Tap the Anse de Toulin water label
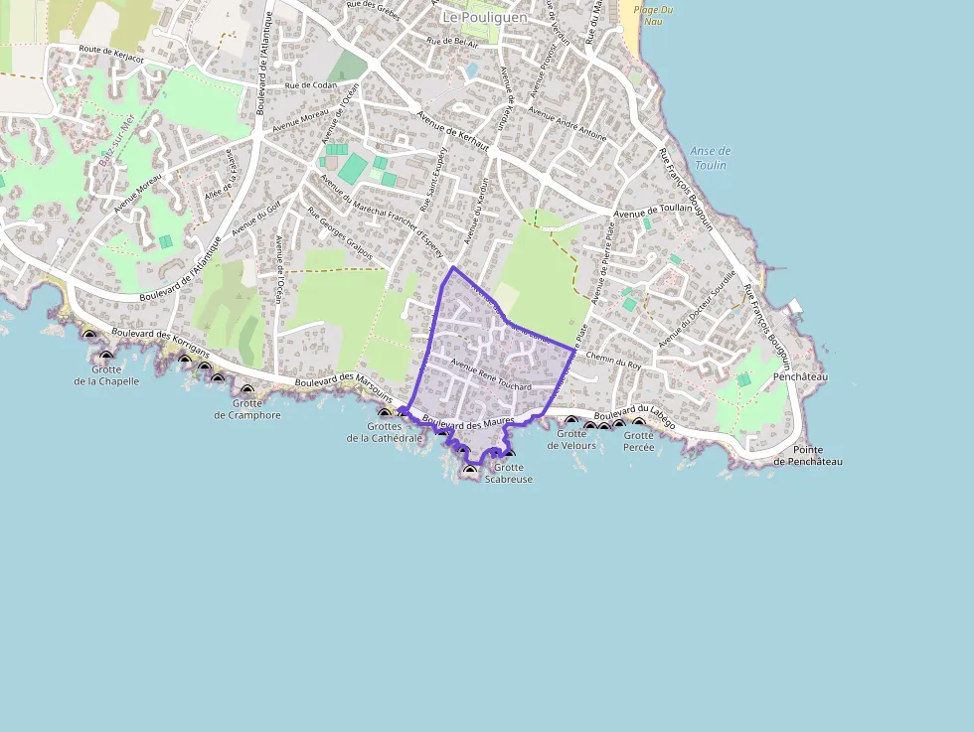(x=710, y=158)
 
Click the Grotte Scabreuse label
(x=509, y=473)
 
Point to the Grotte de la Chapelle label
(x=106, y=375)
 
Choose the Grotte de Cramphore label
(x=247, y=409)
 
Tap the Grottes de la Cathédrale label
(x=385, y=432)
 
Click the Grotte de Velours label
(x=571, y=439)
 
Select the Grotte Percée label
(x=639, y=441)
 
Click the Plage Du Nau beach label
(x=652, y=15)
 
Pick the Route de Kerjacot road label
(x=111, y=54)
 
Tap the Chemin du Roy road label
(x=613, y=360)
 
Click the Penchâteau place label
(x=800, y=377)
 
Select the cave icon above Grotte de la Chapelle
(x=106, y=357)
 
